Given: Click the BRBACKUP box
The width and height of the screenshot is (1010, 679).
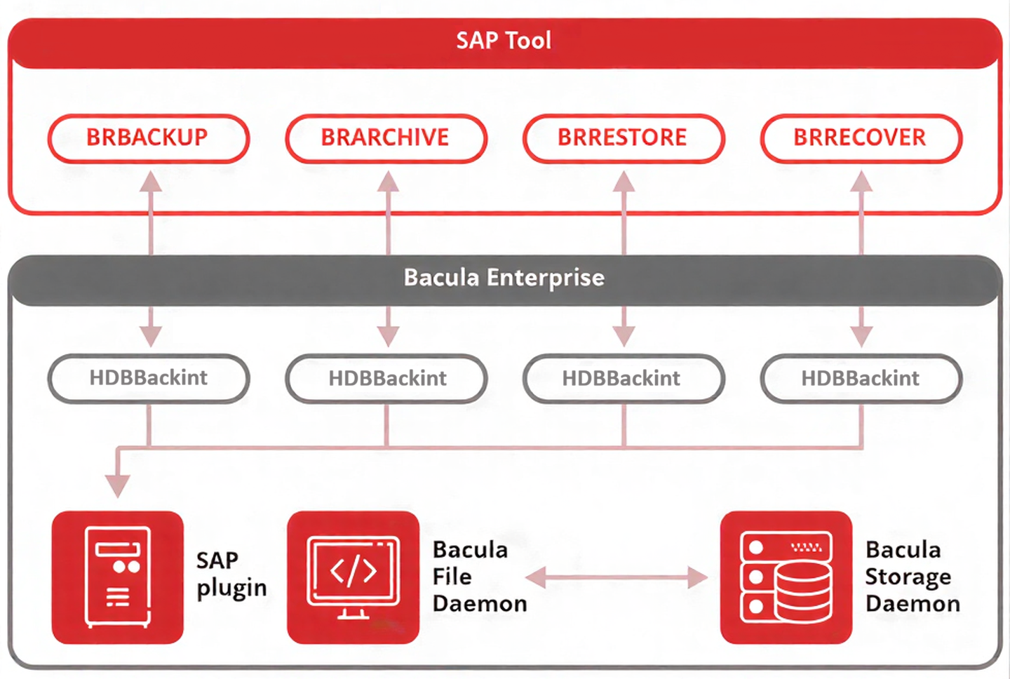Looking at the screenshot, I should click(x=148, y=138).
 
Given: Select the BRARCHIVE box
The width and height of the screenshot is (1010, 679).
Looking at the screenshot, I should click(x=386, y=138).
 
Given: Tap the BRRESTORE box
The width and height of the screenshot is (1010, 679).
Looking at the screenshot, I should click(x=623, y=138).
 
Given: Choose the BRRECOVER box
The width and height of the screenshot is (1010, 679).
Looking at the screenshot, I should click(x=861, y=138).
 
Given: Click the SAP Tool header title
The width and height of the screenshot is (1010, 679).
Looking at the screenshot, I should click(x=504, y=41).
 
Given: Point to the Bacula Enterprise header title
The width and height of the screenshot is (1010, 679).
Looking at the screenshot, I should click(x=504, y=278).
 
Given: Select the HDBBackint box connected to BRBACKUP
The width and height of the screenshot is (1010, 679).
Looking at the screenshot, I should click(x=148, y=378).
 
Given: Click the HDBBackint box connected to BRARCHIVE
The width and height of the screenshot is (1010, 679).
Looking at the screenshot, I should click(x=386, y=378).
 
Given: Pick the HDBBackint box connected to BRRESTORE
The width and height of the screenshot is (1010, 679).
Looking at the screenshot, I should click(x=623, y=378).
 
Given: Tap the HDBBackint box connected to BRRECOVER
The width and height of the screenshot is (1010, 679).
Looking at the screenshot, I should click(x=861, y=378).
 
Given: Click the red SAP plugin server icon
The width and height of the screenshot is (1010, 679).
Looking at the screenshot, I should click(x=117, y=577).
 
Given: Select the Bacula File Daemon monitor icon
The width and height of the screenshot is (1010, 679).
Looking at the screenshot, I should click(x=353, y=577).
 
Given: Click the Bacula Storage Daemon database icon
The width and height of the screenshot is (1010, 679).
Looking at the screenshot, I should click(x=786, y=577).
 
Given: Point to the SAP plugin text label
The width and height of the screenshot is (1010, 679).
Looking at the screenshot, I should click(x=231, y=574).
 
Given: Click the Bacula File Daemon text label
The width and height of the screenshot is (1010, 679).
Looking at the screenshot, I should click(x=478, y=577).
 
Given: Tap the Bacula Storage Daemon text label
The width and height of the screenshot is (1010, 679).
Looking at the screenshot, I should click(x=912, y=577).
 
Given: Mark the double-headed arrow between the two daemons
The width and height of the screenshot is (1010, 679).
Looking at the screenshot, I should click(x=617, y=577).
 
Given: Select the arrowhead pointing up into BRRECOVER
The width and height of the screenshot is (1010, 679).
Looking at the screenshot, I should click(x=861, y=182).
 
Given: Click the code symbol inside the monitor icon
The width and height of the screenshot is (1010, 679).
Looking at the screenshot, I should click(x=353, y=571).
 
